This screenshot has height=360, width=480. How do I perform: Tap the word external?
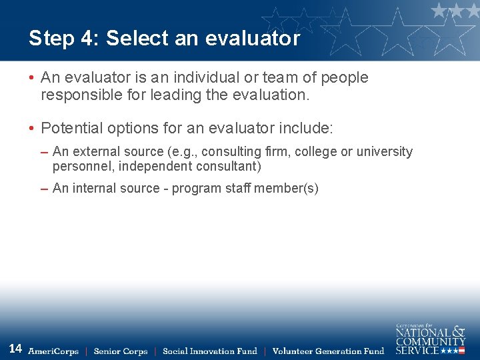click(95, 152)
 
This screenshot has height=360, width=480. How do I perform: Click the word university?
click(385, 152)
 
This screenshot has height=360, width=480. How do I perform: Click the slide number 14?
click(15, 349)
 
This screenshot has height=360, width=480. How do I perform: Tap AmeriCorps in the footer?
click(53, 351)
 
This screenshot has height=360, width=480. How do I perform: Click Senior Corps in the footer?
click(121, 351)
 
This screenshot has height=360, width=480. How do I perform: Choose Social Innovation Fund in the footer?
click(209, 351)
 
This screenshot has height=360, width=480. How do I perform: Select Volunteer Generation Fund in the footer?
click(328, 351)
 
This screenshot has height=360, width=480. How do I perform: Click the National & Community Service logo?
click(430, 339)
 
